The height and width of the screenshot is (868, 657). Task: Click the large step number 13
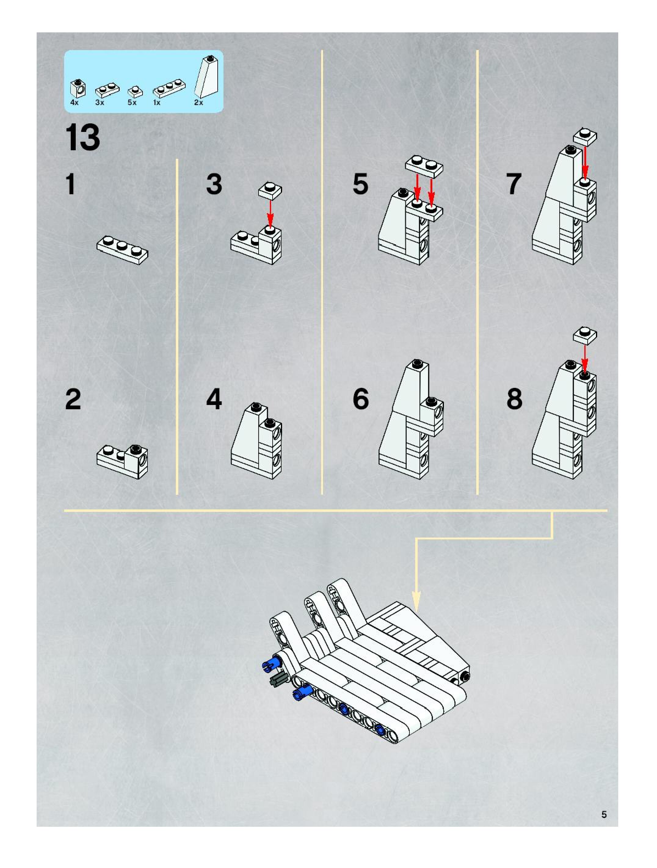[x=82, y=137]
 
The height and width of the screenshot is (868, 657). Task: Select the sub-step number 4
[x=214, y=399]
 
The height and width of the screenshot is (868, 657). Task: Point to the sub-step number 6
[x=361, y=399]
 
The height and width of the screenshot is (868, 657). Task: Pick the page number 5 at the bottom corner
[x=604, y=814]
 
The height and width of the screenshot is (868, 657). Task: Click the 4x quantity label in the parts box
[x=74, y=103]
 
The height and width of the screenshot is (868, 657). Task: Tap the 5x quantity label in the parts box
[x=132, y=103]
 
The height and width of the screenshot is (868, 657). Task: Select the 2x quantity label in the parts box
[x=198, y=103]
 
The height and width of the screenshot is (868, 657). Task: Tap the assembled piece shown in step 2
[x=122, y=461]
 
